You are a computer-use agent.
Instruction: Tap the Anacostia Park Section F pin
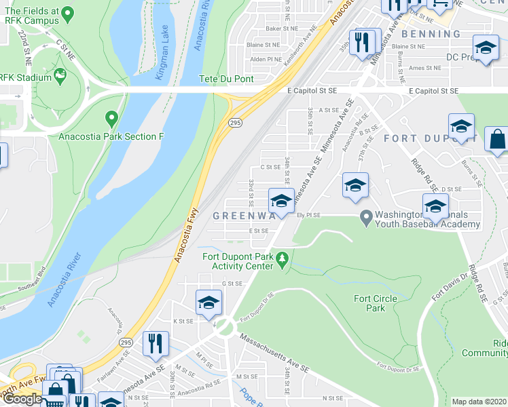point(111,120)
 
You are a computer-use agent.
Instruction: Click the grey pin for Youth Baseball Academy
point(367,218)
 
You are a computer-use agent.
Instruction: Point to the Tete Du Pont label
point(225,79)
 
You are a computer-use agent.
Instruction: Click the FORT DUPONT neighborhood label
point(418,138)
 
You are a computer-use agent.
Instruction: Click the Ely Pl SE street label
point(309,215)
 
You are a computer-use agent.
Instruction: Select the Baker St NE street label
point(282,28)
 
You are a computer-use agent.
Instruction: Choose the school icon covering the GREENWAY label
point(281,201)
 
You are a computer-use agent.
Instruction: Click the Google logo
point(22,399)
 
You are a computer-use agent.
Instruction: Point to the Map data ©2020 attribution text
point(479,402)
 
